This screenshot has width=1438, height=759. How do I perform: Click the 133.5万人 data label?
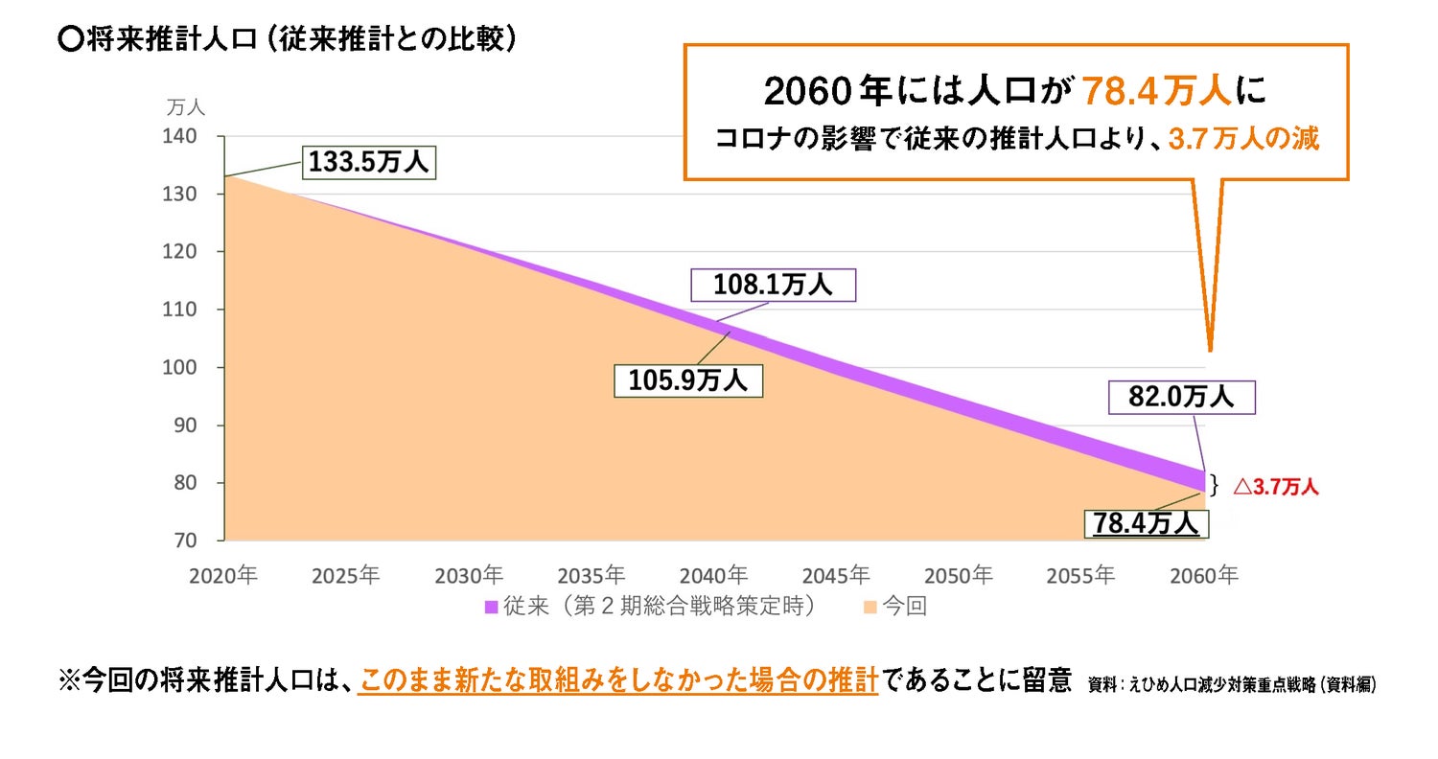369,162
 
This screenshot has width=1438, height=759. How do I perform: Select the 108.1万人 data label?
773,285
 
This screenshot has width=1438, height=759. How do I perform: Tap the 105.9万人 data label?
687,380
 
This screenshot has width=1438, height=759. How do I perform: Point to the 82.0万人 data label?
1181,397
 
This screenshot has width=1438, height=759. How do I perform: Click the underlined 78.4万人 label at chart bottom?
1147,523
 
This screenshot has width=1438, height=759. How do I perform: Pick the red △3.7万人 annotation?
1275,487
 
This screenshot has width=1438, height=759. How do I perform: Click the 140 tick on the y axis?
200,137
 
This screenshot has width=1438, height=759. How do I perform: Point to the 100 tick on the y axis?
200,368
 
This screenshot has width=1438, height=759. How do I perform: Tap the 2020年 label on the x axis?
224,575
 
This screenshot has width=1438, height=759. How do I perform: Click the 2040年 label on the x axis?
714,575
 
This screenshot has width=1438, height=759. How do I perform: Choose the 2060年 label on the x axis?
1204,575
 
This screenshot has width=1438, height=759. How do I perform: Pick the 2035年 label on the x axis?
591,575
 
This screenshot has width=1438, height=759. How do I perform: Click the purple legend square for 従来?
491,607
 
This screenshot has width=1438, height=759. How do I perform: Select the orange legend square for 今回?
869,607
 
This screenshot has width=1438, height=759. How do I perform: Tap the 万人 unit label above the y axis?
186,106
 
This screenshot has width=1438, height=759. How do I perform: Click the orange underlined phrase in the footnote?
617,682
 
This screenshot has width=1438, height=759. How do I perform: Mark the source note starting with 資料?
1232,685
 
